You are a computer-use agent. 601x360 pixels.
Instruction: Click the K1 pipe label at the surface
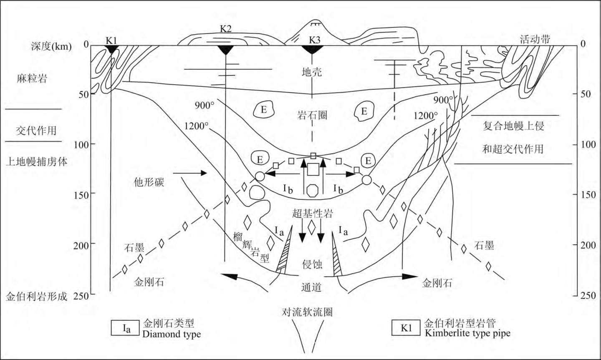pyautogui.click(x=111, y=40)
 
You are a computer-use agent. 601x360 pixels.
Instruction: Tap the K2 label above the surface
pyautogui.click(x=226, y=29)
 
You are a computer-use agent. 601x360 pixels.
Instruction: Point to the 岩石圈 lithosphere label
pyautogui.click(x=312, y=115)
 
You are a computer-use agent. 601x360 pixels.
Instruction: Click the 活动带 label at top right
pyautogui.click(x=535, y=40)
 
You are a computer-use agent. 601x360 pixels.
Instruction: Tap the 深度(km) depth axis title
pyautogui.click(x=51, y=46)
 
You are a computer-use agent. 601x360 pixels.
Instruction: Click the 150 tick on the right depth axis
pyautogui.click(x=588, y=195)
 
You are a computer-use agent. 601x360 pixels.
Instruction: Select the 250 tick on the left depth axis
pyautogui.click(x=81, y=296)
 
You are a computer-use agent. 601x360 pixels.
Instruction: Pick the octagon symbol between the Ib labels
pyautogui.click(x=312, y=191)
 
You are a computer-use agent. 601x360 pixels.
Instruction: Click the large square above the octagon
pyautogui.click(x=313, y=169)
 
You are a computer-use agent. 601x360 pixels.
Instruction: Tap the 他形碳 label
pyautogui.click(x=149, y=182)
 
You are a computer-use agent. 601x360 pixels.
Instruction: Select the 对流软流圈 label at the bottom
pyautogui.click(x=307, y=312)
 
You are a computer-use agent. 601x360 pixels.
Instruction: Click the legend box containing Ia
pyautogui.click(x=126, y=328)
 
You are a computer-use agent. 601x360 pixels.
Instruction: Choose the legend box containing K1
pyautogui.click(x=406, y=328)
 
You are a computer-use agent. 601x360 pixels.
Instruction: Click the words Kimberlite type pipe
pyautogui.click(x=467, y=333)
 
